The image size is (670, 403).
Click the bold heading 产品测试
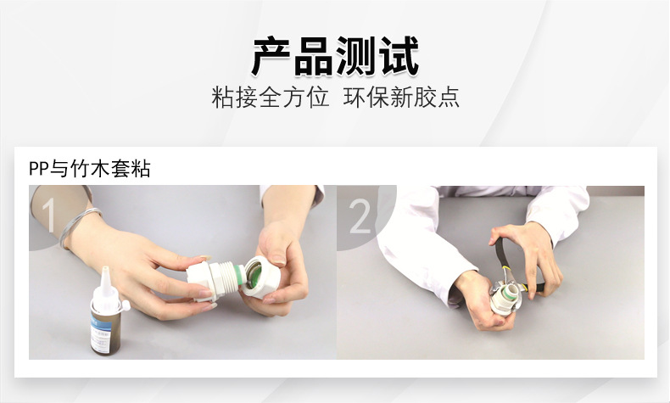click(335, 56)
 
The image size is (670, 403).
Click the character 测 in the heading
click(356, 56)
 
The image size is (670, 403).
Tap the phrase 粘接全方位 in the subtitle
click(270, 98)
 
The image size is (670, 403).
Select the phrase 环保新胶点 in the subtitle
click(401, 98)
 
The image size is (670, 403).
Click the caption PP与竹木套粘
click(89, 168)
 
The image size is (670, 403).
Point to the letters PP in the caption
click(39, 169)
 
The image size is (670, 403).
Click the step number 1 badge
click(47, 215)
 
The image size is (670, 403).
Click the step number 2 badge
click(360, 216)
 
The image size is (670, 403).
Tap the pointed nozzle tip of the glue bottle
click(105, 269)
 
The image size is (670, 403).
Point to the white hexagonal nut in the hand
click(260, 277)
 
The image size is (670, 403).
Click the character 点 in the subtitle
click(449, 98)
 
